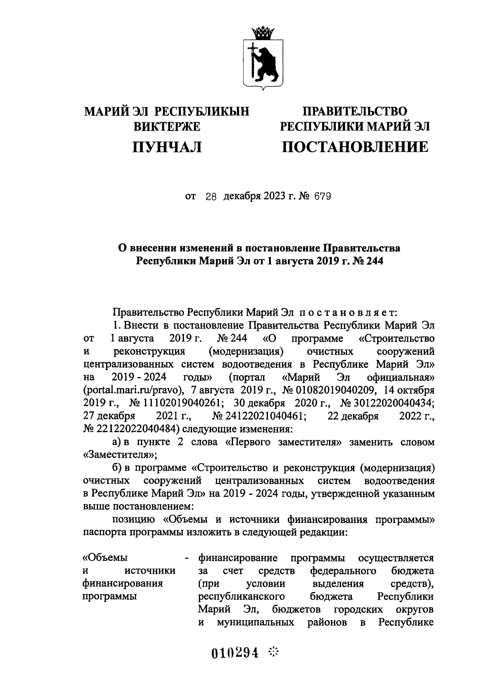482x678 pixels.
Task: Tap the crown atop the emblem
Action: [x=263, y=33]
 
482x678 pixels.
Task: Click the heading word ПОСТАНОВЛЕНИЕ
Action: [x=355, y=147]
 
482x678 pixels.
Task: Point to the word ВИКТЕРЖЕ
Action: [x=167, y=127]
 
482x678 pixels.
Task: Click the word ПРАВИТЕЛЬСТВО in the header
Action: [x=355, y=111]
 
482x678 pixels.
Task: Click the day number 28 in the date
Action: [x=211, y=197]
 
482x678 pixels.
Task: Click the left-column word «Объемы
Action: [x=105, y=558]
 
